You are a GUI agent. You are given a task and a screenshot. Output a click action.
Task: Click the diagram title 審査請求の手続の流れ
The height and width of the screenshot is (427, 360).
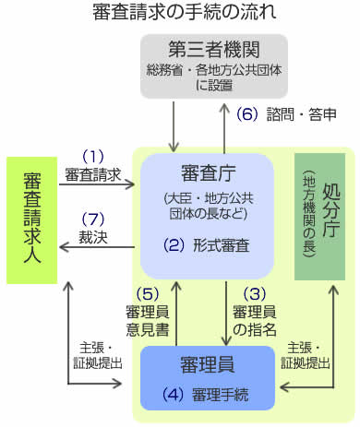point(184,12)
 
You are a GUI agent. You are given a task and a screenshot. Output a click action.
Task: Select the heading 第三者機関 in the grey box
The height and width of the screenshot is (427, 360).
point(214,50)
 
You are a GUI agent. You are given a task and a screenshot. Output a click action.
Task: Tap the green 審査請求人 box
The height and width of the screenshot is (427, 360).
point(32,220)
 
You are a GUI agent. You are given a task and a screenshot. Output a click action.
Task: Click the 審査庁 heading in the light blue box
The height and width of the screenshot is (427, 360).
point(209,173)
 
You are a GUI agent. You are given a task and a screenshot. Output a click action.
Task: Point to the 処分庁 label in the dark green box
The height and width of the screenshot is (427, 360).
point(330,211)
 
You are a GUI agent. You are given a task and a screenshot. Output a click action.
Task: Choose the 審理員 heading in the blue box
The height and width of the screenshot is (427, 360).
point(208,364)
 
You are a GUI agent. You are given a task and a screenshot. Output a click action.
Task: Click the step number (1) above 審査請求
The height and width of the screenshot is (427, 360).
point(93,157)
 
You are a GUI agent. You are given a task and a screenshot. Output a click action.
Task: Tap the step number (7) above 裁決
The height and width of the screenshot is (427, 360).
point(93,219)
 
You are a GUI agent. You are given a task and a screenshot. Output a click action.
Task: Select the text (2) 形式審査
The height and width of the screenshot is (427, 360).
point(206,245)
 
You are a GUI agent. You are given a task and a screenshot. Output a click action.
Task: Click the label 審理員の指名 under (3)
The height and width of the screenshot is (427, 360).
point(255,321)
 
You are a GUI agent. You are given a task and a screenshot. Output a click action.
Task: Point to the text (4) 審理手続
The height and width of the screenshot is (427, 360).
point(206,395)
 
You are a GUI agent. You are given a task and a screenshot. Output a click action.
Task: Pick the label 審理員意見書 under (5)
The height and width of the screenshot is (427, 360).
point(148,321)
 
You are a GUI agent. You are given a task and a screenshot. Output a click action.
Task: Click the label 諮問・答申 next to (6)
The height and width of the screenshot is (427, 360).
point(301,114)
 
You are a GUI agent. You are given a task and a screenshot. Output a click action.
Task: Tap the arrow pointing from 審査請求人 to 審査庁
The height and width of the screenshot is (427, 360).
point(97,184)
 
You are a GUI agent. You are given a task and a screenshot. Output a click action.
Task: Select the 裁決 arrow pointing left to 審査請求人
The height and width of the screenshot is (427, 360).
point(97,247)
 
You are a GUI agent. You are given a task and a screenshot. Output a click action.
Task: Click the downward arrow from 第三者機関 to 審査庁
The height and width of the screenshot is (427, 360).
point(174,126)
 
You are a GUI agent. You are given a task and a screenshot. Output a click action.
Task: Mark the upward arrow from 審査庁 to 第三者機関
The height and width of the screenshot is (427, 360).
point(224,128)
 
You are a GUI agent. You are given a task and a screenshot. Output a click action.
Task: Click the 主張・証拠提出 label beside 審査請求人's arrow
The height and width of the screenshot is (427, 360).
point(98,356)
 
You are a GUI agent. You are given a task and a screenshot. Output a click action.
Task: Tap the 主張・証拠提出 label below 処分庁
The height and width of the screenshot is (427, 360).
point(306,356)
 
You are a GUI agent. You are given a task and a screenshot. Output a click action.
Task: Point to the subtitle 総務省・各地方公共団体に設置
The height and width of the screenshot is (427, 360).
point(214,77)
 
